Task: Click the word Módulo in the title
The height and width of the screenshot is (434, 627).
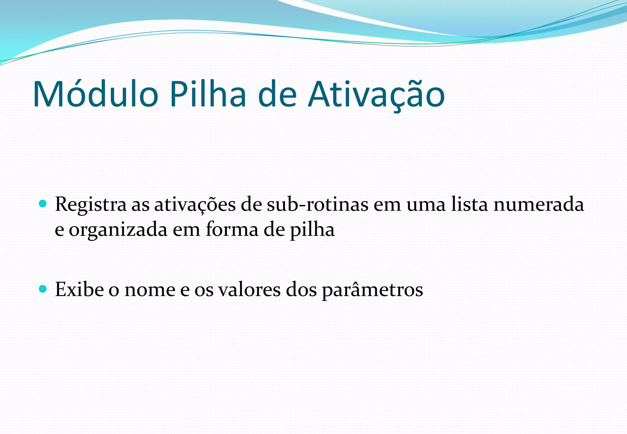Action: pyautogui.click(x=95, y=94)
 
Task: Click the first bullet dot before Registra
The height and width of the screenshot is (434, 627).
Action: pyautogui.click(x=43, y=204)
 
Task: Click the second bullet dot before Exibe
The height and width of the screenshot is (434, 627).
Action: pyautogui.click(x=43, y=289)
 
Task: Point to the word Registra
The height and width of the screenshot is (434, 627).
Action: pyautogui.click(x=91, y=204)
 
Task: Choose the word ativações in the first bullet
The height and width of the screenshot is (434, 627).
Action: pyautogui.click(x=195, y=204)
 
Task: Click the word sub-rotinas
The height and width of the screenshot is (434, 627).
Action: pyautogui.click(x=317, y=204)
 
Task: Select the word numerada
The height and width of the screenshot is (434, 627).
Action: pyautogui.click(x=539, y=204)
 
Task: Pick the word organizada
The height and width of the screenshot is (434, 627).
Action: pyautogui.click(x=118, y=230)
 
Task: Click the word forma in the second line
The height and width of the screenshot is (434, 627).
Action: pyautogui.click(x=232, y=230)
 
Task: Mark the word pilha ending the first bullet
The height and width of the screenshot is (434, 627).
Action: pyautogui.click(x=312, y=230)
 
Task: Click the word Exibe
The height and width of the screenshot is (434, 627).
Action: pyautogui.click(x=79, y=289)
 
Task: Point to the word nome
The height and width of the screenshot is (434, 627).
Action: pyautogui.click(x=150, y=289)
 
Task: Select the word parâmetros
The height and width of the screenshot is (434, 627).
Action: pyautogui.click(x=372, y=289)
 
